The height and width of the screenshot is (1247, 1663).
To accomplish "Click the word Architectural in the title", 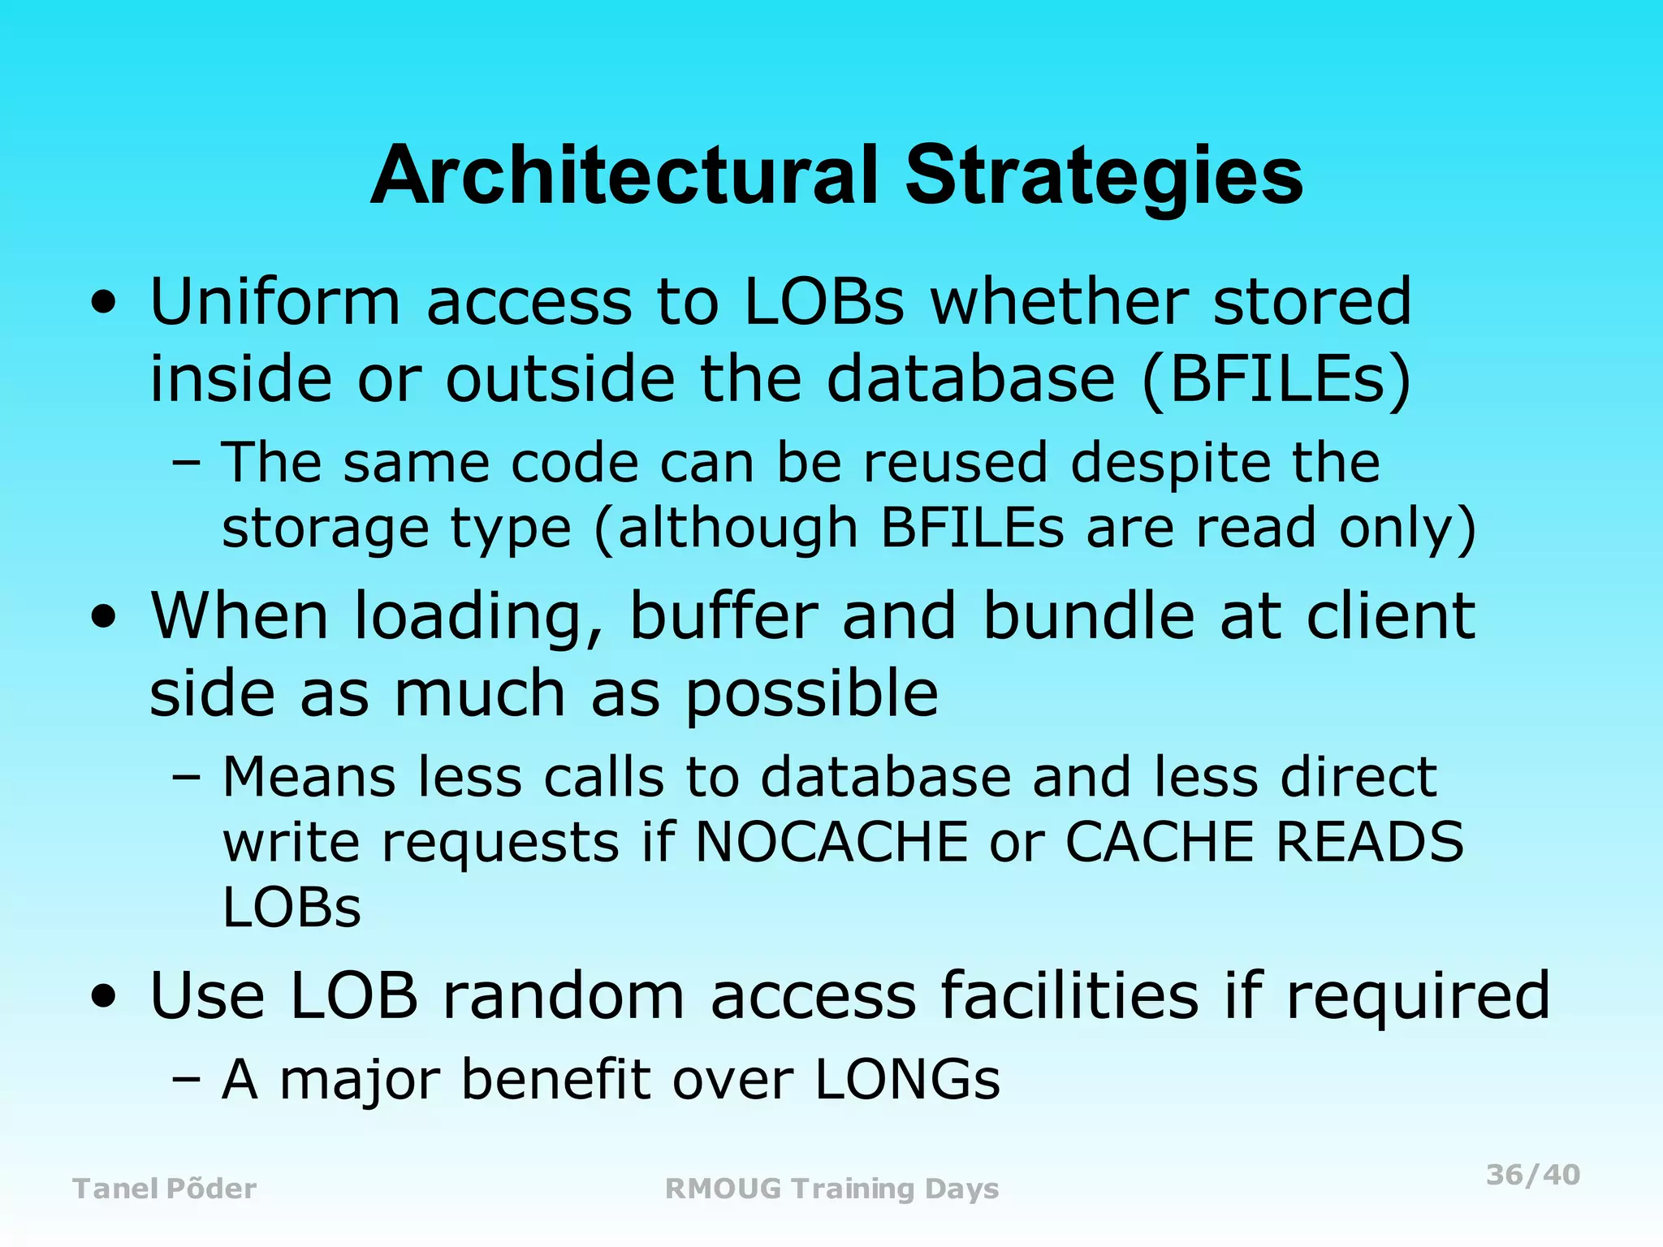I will pyautogui.click(x=624, y=175).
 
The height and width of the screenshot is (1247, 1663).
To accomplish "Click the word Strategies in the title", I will pyautogui.click(x=1104, y=175).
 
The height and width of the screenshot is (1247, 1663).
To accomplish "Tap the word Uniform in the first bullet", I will pyautogui.click(x=275, y=301).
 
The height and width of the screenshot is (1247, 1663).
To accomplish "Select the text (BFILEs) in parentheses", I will pyautogui.click(x=1276, y=378).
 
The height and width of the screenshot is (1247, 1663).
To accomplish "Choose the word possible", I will pyautogui.click(x=812, y=694).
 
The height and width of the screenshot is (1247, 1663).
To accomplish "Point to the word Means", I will pyautogui.click(x=309, y=777).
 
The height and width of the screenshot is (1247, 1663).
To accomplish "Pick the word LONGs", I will pyautogui.click(x=907, y=1080).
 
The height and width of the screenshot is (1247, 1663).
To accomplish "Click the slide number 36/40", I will pyautogui.click(x=1533, y=1175).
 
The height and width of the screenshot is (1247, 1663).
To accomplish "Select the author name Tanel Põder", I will pyautogui.click(x=165, y=1189).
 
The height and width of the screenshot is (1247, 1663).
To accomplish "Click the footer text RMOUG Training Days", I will pyautogui.click(x=831, y=1189).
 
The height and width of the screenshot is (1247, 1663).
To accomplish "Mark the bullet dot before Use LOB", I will pyautogui.click(x=103, y=997).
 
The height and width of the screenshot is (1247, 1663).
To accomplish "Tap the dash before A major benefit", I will pyautogui.click(x=186, y=1081).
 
